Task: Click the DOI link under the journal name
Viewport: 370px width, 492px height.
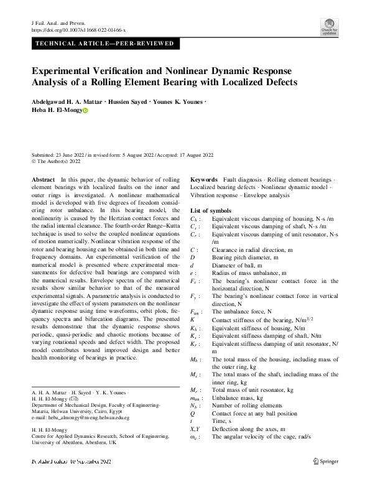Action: [78, 29]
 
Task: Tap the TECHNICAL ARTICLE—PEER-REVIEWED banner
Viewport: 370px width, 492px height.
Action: [104, 44]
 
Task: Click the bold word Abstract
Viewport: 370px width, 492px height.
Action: [43, 179]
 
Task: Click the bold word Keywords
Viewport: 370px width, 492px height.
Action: [204, 179]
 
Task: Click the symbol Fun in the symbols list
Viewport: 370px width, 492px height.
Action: [195, 311]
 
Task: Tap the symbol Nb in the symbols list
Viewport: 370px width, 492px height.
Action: [194, 406]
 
